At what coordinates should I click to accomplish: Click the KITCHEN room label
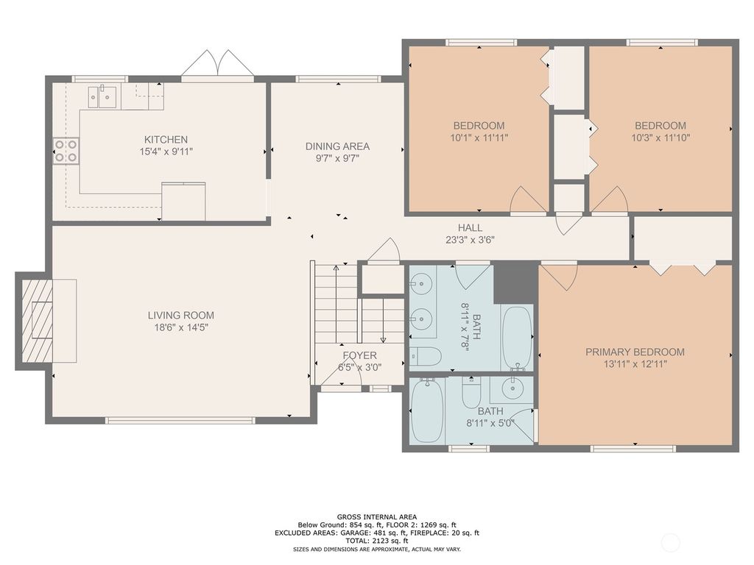click(166, 139)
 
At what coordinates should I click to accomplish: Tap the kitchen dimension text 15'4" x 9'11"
click(166, 152)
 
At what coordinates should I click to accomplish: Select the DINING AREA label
click(337, 146)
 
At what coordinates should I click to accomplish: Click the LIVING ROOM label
click(180, 315)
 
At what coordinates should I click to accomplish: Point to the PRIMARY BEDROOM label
click(635, 352)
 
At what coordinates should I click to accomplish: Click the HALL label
click(470, 227)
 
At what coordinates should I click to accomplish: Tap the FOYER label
click(359, 355)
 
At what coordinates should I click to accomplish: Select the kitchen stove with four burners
click(66, 151)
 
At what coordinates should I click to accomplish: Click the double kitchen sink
click(103, 96)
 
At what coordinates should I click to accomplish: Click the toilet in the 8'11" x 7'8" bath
click(425, 357)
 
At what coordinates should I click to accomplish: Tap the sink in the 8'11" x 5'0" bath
click(512, 387)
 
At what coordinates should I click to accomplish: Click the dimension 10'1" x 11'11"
click(479, 138)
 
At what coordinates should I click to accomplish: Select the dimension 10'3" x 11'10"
click(660, 138)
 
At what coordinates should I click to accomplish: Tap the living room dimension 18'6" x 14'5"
click(180, 327)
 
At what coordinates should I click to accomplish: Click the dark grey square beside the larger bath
click(514, 282)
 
